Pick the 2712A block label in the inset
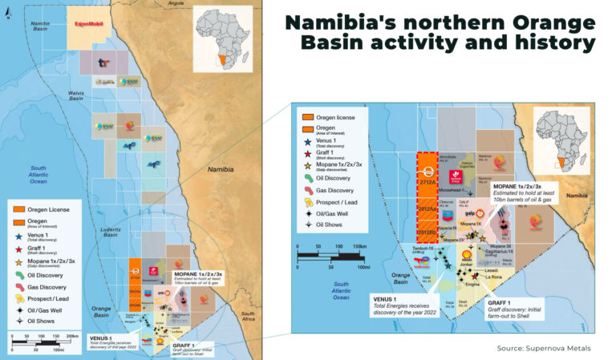[428, 183]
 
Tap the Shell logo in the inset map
[464, 254]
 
